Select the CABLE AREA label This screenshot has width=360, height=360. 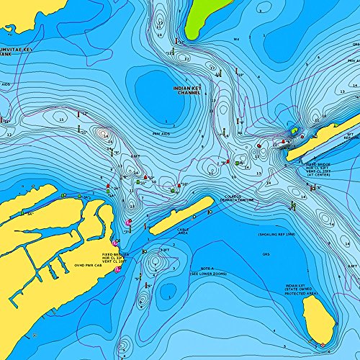[184, 232]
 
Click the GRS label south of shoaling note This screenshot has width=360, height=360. [266, 254]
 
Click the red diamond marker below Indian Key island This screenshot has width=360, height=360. [312, 342]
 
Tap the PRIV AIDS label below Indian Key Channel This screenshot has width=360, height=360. [161, 132]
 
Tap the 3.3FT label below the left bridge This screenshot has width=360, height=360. [165, 250]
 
